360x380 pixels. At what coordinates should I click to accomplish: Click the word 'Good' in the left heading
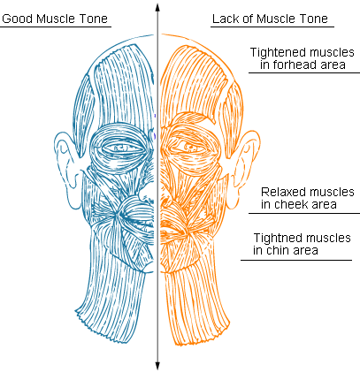coord(17,19)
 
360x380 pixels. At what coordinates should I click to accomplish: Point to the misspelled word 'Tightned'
coord(274,238)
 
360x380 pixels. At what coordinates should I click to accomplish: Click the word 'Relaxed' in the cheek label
coord(280,192)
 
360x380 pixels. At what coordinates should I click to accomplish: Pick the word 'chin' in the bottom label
coord(275,250)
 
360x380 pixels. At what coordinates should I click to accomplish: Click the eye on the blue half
coord(122,148)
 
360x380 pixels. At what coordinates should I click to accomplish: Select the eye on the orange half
coord(190,147)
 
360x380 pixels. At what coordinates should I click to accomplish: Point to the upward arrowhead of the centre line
coord(157,8)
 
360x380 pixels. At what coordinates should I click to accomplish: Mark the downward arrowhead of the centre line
coord(157,366)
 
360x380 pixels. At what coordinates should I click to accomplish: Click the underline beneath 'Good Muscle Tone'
coord(56,27)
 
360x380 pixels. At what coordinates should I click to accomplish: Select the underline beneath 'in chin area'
coord(296,260)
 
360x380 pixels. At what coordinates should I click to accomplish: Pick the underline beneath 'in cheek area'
coord(304,213)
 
